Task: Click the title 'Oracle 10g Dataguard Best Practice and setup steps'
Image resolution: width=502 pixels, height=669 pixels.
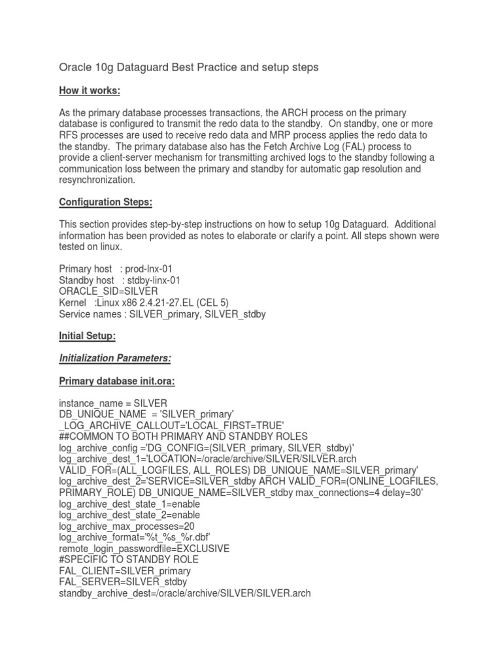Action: [188, 67]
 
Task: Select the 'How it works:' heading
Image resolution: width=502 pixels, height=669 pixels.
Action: [90, 90]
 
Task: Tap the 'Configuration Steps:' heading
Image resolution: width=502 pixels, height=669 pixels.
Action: [105, 203]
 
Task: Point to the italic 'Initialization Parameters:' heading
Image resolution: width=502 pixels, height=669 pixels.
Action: [114, 358]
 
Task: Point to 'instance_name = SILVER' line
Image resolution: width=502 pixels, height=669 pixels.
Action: [113, 403]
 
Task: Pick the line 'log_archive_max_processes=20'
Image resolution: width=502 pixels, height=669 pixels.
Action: [127, 526]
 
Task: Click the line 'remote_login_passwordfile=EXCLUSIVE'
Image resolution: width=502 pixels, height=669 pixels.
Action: [144, 548]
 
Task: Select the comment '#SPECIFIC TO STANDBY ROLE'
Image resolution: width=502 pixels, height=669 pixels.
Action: [129, 560]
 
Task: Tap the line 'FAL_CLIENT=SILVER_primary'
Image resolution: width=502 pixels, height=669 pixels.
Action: [125, 571]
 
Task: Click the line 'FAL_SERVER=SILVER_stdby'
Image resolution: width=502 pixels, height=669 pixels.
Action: [123, 582]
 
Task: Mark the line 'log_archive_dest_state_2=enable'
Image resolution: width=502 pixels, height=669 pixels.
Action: [129, 515]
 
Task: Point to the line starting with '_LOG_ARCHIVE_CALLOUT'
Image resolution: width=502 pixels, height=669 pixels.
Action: [171, 425]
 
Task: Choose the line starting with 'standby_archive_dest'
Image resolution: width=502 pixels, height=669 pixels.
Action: [184, 593]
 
